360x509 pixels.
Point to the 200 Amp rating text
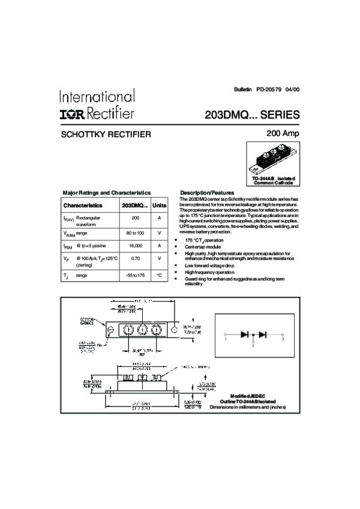pyautogui.click(x=282, y=133)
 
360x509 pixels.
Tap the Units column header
pyautogui.click(x=160, y=205)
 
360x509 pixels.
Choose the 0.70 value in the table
pyautogui.click(x=135, y=258)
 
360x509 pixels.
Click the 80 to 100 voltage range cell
pyautogui.click(x=135, y=233)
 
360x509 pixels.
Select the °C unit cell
pyautogui.click(x=160, y=275)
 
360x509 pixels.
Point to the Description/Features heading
pyautogui.click(x=207, y=192)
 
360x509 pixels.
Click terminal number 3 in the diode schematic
pyautogui.click(x=282, y=339)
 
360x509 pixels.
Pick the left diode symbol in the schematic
pyautogui.click(x=244, y=335)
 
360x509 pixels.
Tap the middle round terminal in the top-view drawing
pyautogui.click(x=142, y=329)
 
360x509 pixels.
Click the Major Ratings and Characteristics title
pyautogui.click(x=107, y=192)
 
